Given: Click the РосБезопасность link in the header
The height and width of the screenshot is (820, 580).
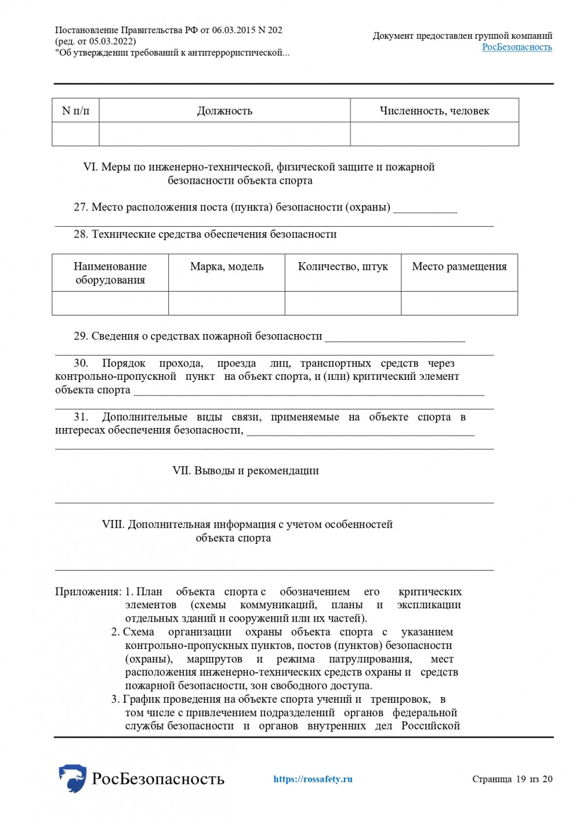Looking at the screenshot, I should coord(517,47).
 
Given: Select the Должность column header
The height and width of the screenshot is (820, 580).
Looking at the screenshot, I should coord(224,111).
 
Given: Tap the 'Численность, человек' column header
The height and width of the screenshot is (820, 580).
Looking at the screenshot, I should coord(434,111).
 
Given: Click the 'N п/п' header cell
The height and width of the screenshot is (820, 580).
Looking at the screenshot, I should coord(75,111).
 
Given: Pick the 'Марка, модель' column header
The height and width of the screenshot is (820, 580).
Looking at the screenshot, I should coord(227,267).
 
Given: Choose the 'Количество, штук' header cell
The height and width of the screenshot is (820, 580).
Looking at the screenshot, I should coord(343,267).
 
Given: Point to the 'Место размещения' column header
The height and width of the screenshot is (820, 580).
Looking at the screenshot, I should coord(459,267).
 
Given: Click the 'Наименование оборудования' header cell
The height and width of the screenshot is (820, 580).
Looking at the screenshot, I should coord(110,273).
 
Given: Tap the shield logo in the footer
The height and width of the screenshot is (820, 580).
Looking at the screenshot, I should coord(72,778).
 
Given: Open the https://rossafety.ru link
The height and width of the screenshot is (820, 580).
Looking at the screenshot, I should coord(313,779).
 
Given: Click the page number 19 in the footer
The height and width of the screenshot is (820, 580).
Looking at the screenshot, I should coord(520,779).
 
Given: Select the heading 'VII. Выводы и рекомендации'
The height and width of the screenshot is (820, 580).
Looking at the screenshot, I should coord(245,471).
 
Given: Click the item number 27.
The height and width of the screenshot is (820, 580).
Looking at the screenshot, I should coord(81,208).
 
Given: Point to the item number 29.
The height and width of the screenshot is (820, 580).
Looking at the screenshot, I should coord(81,336).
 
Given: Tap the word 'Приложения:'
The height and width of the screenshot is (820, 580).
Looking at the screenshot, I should coord(88,592).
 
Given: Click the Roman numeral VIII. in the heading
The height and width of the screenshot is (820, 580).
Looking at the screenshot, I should coord(113,525).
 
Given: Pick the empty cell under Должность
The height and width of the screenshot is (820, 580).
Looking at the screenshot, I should coord(224,134).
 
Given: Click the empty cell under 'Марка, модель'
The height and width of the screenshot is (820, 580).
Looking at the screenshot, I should coord(227,303).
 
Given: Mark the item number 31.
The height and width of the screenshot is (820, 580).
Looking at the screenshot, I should coord(81,417).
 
